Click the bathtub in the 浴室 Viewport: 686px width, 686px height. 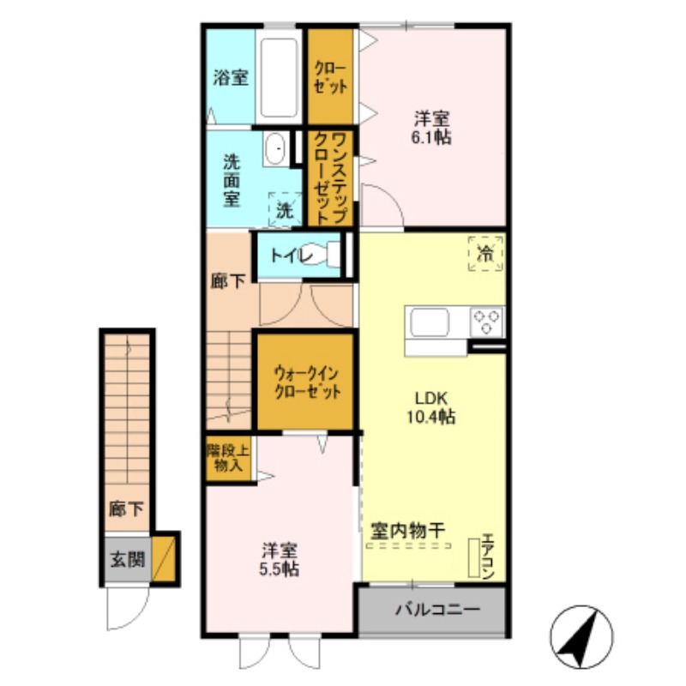(x=279, y=77)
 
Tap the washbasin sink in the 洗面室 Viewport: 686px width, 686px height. (x=275, y=148)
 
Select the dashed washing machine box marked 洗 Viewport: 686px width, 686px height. (x=286, y=209)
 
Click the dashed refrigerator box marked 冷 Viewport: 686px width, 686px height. (x=485, y=253)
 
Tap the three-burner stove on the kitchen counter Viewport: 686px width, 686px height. (x=487, y=322)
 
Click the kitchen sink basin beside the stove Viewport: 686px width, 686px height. (x=430, y=322)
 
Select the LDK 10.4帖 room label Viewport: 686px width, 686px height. (x=431, y=408)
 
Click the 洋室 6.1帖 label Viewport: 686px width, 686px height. (x=431, y=128)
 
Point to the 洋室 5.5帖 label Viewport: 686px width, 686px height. (x=280, y=560)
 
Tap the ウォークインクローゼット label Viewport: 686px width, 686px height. (x=307, y=382)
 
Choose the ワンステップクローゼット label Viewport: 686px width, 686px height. (x=331, y=178)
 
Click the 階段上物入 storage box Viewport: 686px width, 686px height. (x=228, y=459)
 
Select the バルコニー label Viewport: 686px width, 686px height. (x=437, y=609)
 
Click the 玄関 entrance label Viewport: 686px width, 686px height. (x=127, y=559)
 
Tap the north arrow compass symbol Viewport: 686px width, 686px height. (x=582, y=637)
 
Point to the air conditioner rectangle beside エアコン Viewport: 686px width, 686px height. (x=474, y=557)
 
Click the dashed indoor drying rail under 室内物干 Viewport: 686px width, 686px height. (x=409, y=545)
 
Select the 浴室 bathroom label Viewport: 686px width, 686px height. (x=231, y=77)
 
